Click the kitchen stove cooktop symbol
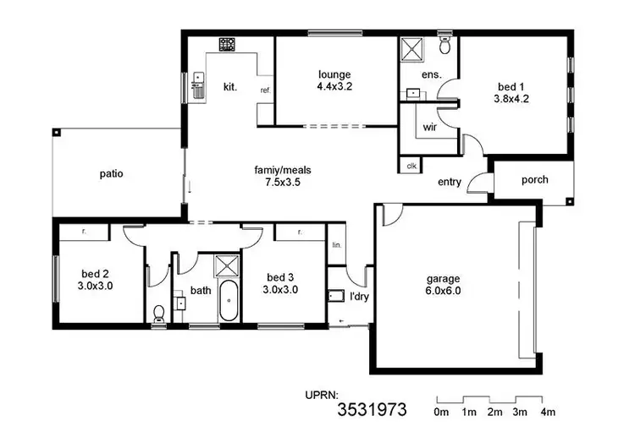228,43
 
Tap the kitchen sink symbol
199,85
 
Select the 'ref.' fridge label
265,90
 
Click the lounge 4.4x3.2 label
334,79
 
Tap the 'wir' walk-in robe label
429,128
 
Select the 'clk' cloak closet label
411,165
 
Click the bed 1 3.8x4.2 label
511,91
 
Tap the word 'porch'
534,179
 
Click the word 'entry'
450,182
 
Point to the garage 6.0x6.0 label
444,285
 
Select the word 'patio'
111,174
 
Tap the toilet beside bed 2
158,314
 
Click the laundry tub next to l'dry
335,296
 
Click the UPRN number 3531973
372,411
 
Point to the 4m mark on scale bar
547,412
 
